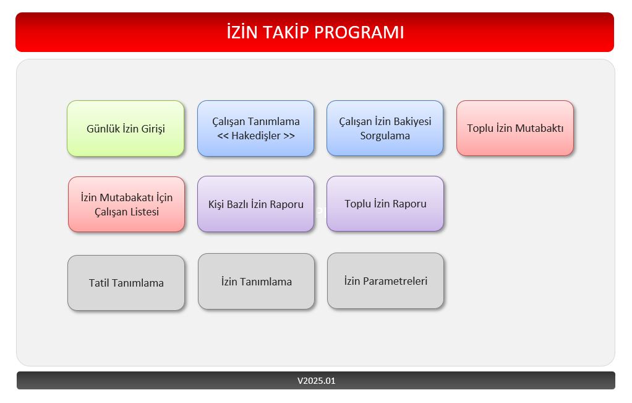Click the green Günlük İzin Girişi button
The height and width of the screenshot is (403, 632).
click(126, 129)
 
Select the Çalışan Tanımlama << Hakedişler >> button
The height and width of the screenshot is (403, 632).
click(255, 129)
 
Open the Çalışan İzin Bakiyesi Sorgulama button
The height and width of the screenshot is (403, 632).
click(385, 128)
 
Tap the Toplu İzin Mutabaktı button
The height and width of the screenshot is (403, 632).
click(515, 128)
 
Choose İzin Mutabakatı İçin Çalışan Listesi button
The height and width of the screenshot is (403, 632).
click(126, 204)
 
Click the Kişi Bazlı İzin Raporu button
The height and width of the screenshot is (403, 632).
click(255, 204)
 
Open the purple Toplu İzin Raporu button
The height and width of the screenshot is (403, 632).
click(385, 204)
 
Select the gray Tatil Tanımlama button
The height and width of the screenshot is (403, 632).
click(126, 283)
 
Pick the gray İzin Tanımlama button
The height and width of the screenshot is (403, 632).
click(256, 282)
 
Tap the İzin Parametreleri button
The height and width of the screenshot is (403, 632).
click(385, 280)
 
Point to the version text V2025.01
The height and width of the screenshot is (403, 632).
click(316, 381)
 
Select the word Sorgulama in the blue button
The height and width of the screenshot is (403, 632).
click(385, 136)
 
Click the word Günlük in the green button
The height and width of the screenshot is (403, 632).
click(103, 129)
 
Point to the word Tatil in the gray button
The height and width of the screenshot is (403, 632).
click(100, 284)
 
